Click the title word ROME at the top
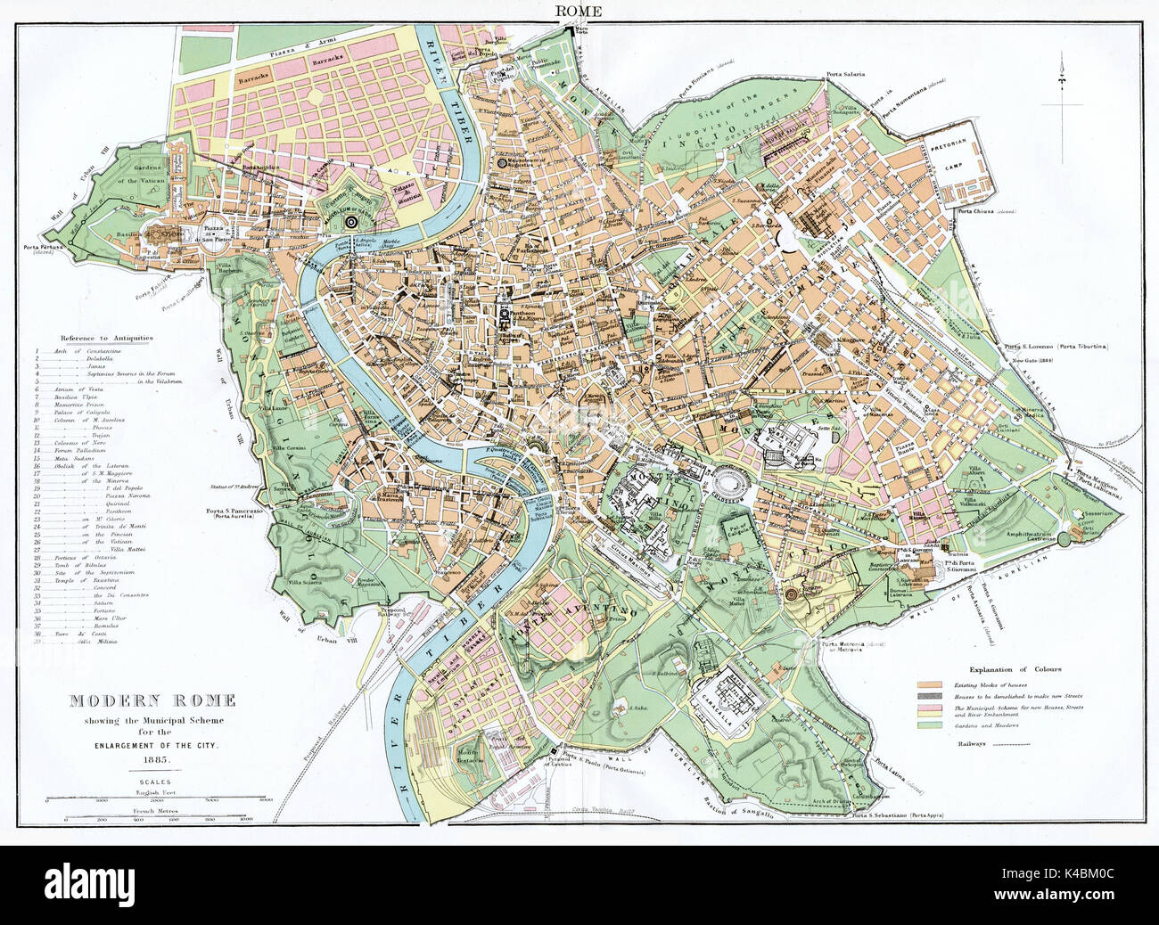[x=578, y=11]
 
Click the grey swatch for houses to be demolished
[x=930, y=698]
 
